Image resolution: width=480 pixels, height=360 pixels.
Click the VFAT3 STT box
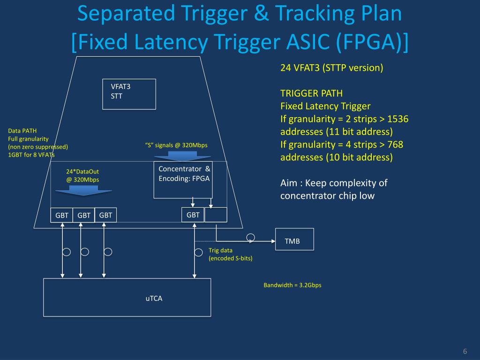[x=129, y=94]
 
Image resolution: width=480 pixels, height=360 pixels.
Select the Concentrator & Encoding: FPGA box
[x=184, y=180]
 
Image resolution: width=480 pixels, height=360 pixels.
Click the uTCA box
[x=127, y=297]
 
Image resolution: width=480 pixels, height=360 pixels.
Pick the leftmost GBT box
[x=62, y=215]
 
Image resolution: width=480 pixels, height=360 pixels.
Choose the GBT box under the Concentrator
[x=193, y=215]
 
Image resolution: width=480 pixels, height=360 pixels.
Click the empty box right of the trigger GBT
[x=216, y=215]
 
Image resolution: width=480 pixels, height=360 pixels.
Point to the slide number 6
[x=465, y=352]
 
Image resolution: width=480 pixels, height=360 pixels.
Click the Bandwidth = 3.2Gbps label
[x=292, y=285]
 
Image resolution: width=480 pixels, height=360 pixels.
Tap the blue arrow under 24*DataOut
[x=83, y=189]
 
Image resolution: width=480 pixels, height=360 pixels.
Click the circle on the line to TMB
[x=251, y=237]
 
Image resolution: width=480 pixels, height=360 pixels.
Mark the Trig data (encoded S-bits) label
[x=230, y=254]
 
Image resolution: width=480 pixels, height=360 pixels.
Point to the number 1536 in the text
[x=398, y=119]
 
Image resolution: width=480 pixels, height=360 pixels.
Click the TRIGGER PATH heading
[x=308, y=93]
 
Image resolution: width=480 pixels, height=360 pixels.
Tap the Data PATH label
[x=22, y=131]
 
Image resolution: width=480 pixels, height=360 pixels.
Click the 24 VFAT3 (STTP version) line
[x=332, y=67]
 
